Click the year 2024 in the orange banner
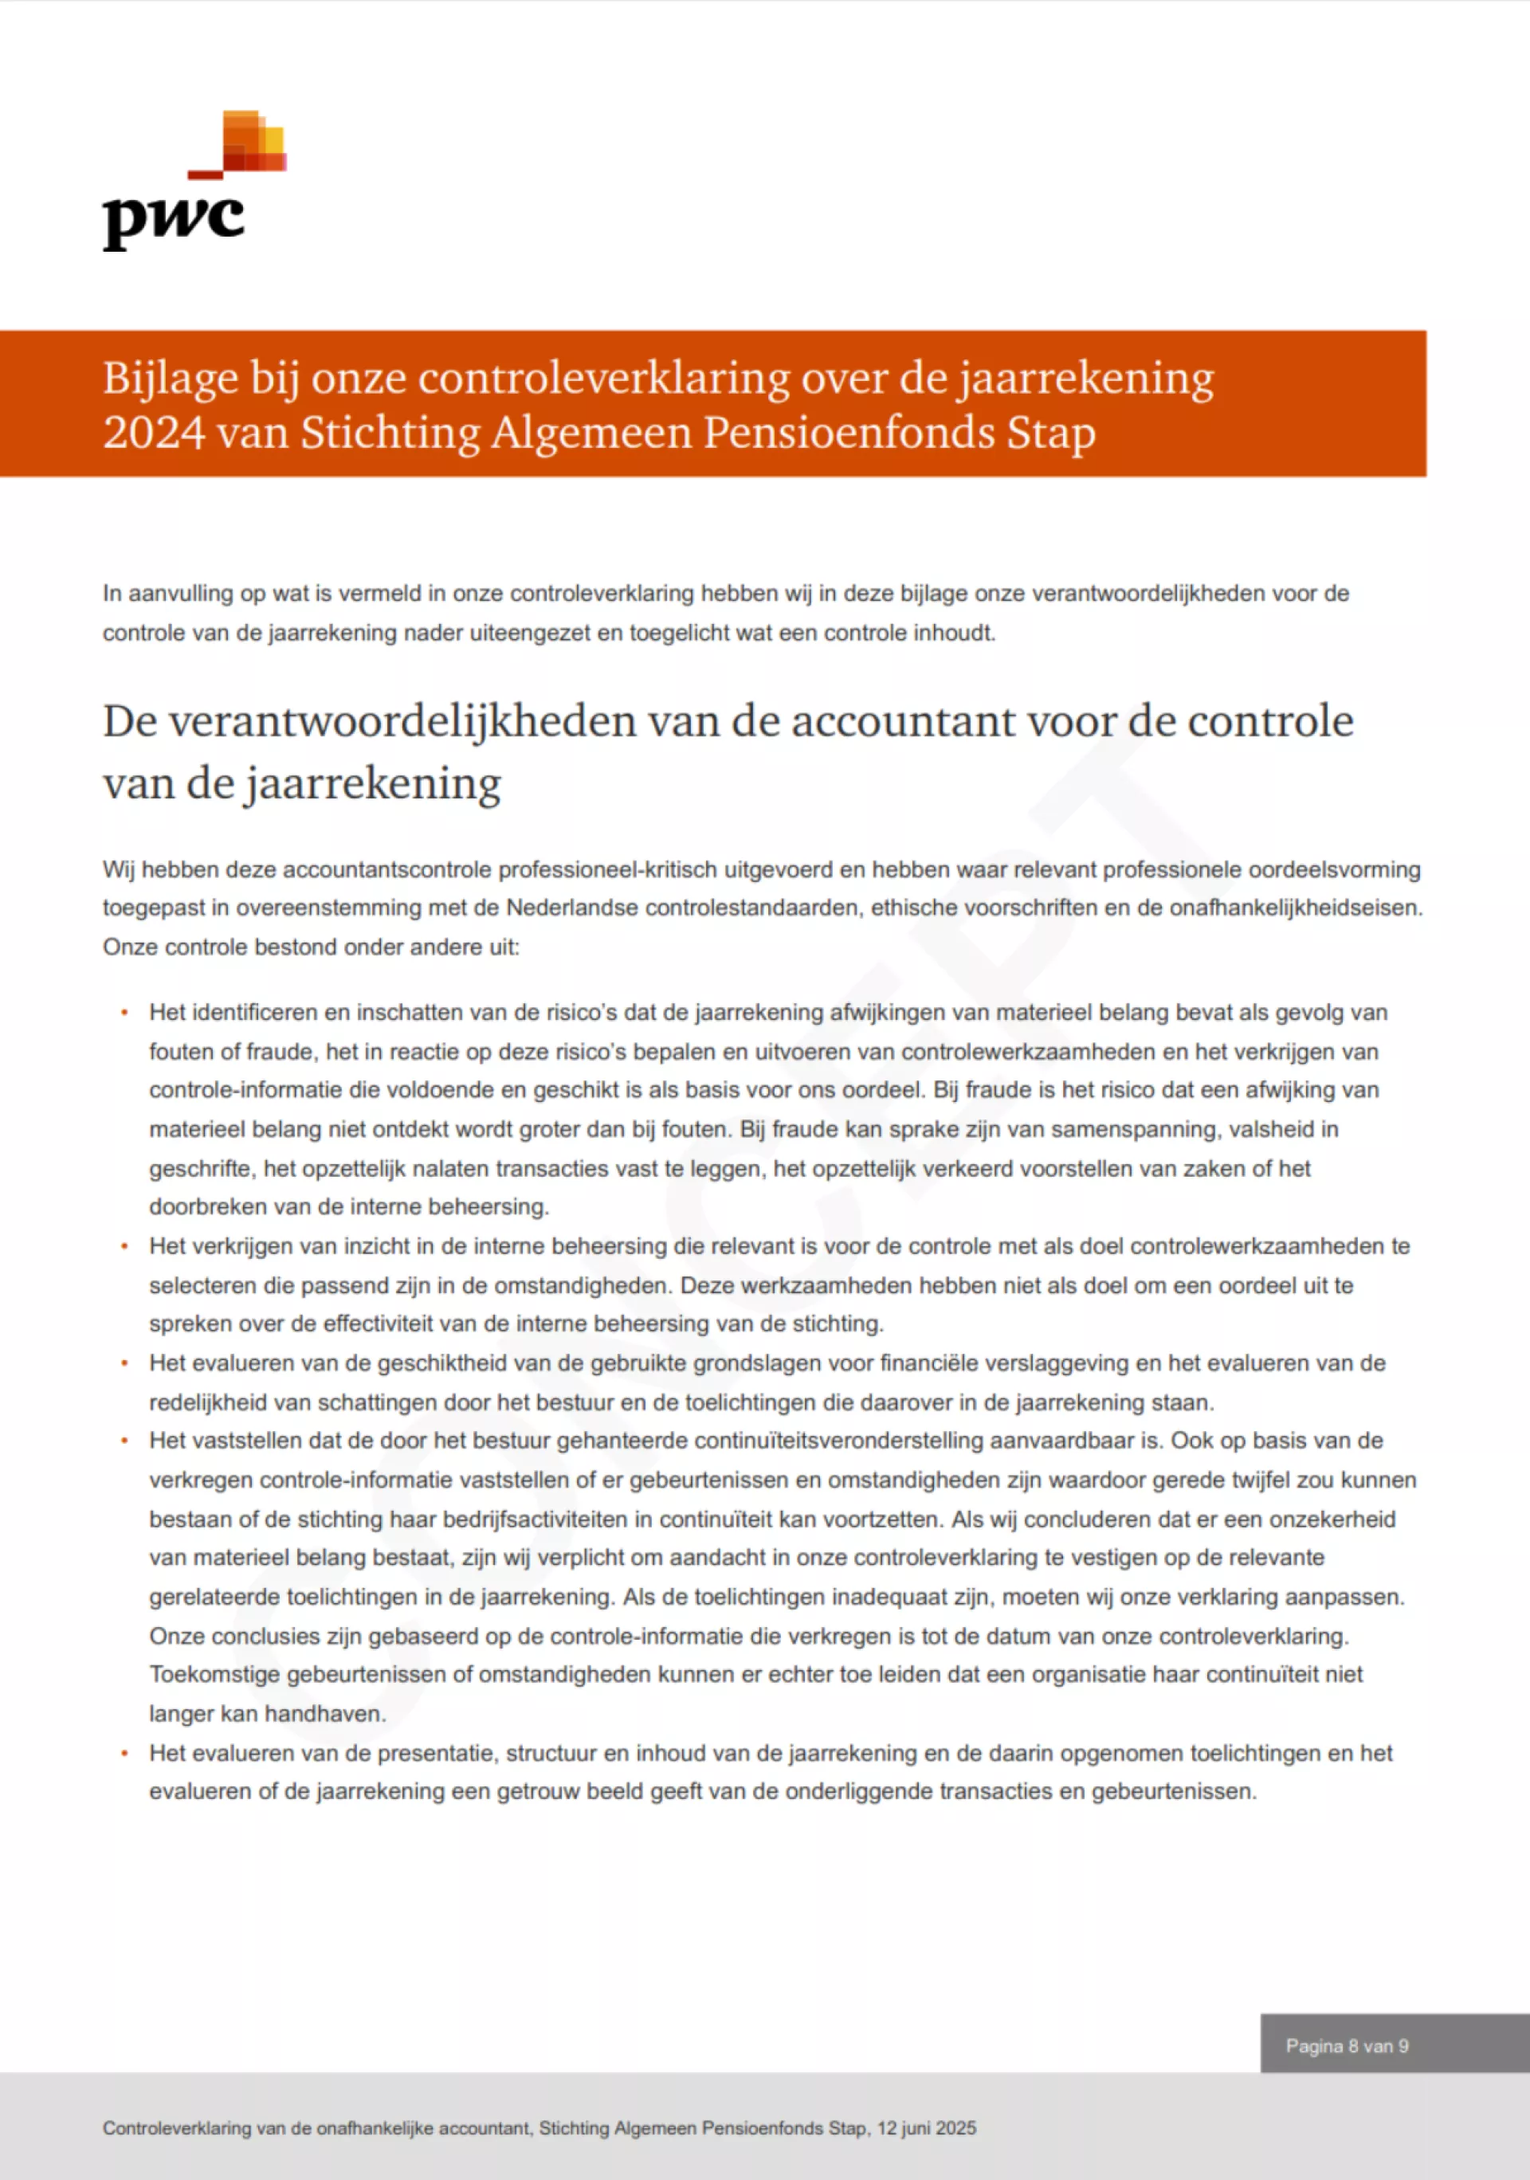153,433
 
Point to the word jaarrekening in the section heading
371,784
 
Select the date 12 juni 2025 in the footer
926,2127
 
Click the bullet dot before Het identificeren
124,1013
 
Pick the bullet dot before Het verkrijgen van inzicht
124,1247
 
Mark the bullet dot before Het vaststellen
124,1441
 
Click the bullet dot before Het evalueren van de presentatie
124,1754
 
